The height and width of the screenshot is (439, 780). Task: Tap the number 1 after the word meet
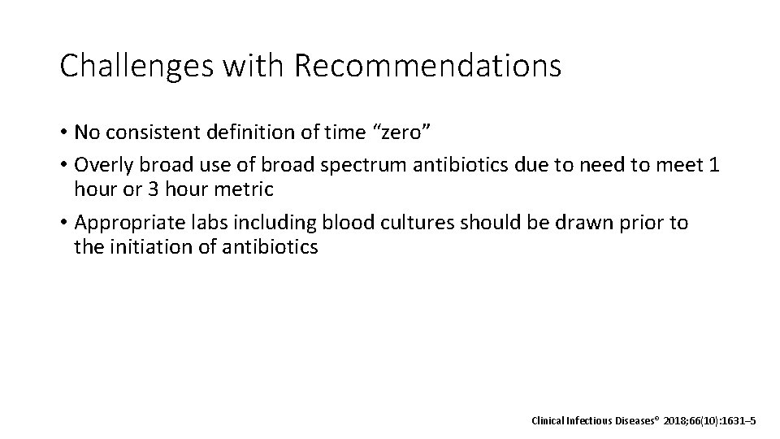tap(713, 165)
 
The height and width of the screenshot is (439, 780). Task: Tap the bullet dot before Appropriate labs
tap(63, 222)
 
